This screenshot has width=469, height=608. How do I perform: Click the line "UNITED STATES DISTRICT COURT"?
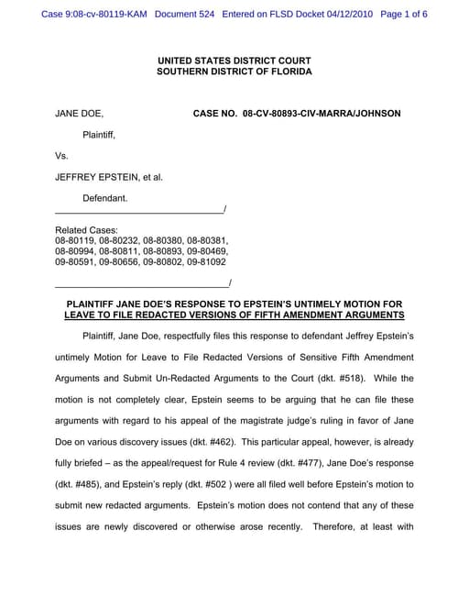[234, 60]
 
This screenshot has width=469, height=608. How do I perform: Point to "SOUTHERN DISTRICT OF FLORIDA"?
[234, 71]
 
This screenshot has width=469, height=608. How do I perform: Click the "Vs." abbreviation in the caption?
[62, 156]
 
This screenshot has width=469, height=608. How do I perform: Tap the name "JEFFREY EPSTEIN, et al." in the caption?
[109, 177]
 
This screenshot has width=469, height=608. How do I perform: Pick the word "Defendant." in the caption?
[105, 198]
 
